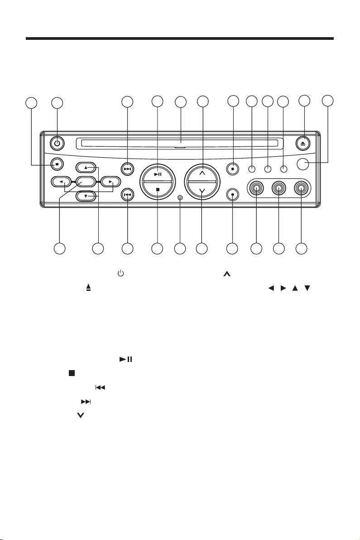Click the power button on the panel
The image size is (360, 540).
click(58, 143)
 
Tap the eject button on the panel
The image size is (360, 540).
click(304, 143)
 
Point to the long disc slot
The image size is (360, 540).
click(179, 144)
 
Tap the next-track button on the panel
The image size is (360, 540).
click(127, 169)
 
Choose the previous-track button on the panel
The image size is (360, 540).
click(127, 194)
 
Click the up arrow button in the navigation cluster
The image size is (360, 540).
click(86, 167)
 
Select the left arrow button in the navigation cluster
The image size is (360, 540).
click(61, 182)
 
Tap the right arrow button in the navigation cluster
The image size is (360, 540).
click(110, 182)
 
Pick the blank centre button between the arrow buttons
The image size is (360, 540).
click(85, 182)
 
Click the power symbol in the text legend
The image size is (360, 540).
click(120, 274)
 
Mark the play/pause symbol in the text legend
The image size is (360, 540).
click(125, 359)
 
